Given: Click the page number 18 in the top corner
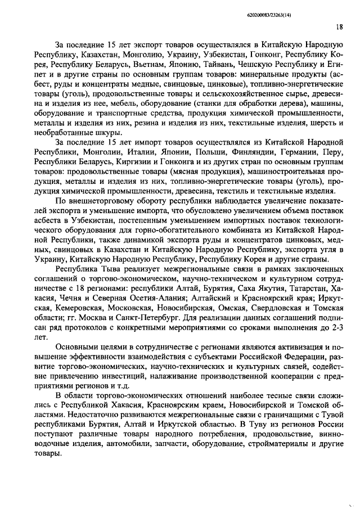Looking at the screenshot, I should click(339, 26).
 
